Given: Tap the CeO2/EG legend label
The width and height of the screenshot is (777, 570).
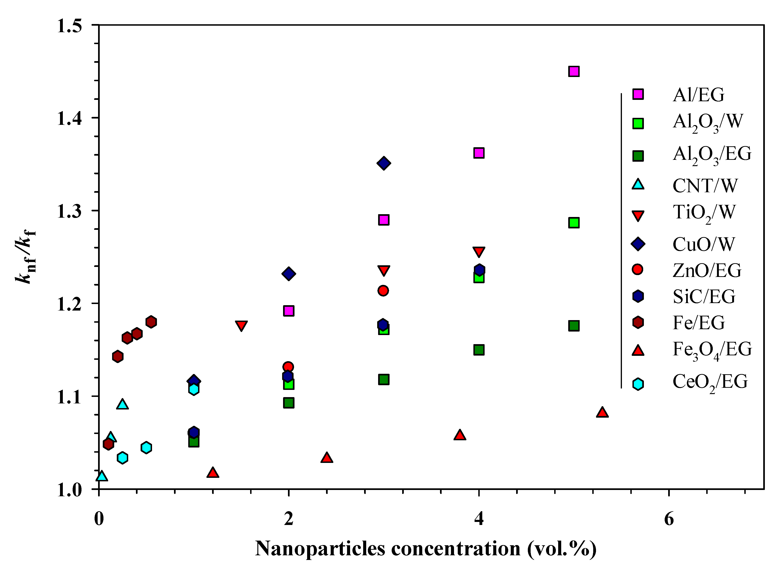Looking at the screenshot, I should point(710,382).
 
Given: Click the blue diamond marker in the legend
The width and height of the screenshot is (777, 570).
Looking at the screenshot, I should point(638,244).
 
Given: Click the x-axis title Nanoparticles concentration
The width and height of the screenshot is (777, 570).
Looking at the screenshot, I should point(426,549).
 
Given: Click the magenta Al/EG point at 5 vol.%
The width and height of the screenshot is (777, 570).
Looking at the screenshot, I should point(574,71).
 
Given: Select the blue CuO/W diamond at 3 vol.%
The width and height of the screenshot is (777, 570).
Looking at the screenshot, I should point(383,163).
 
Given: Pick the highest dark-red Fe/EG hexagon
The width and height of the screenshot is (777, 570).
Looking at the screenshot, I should point(151,322).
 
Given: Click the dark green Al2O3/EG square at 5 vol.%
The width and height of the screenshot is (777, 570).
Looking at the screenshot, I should point(574,326).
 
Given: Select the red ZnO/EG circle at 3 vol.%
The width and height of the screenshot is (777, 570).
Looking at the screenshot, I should point(383,290).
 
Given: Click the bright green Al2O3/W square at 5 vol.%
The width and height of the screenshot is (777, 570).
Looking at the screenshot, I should point(574,223).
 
